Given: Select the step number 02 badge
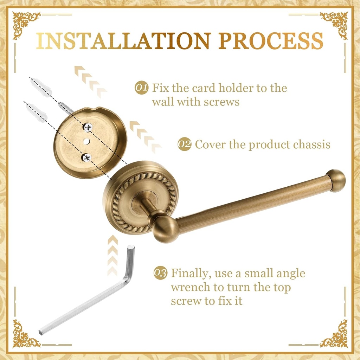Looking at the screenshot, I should pos(184,144).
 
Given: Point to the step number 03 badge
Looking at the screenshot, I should pos(160,273).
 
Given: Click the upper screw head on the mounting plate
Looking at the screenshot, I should pos(88,127).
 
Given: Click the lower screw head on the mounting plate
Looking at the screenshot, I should pos(86,157).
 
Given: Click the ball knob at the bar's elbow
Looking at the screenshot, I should pos(166,229).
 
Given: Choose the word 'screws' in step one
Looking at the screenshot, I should pos(221,102).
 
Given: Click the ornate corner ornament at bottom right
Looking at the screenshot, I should pos(334,334).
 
